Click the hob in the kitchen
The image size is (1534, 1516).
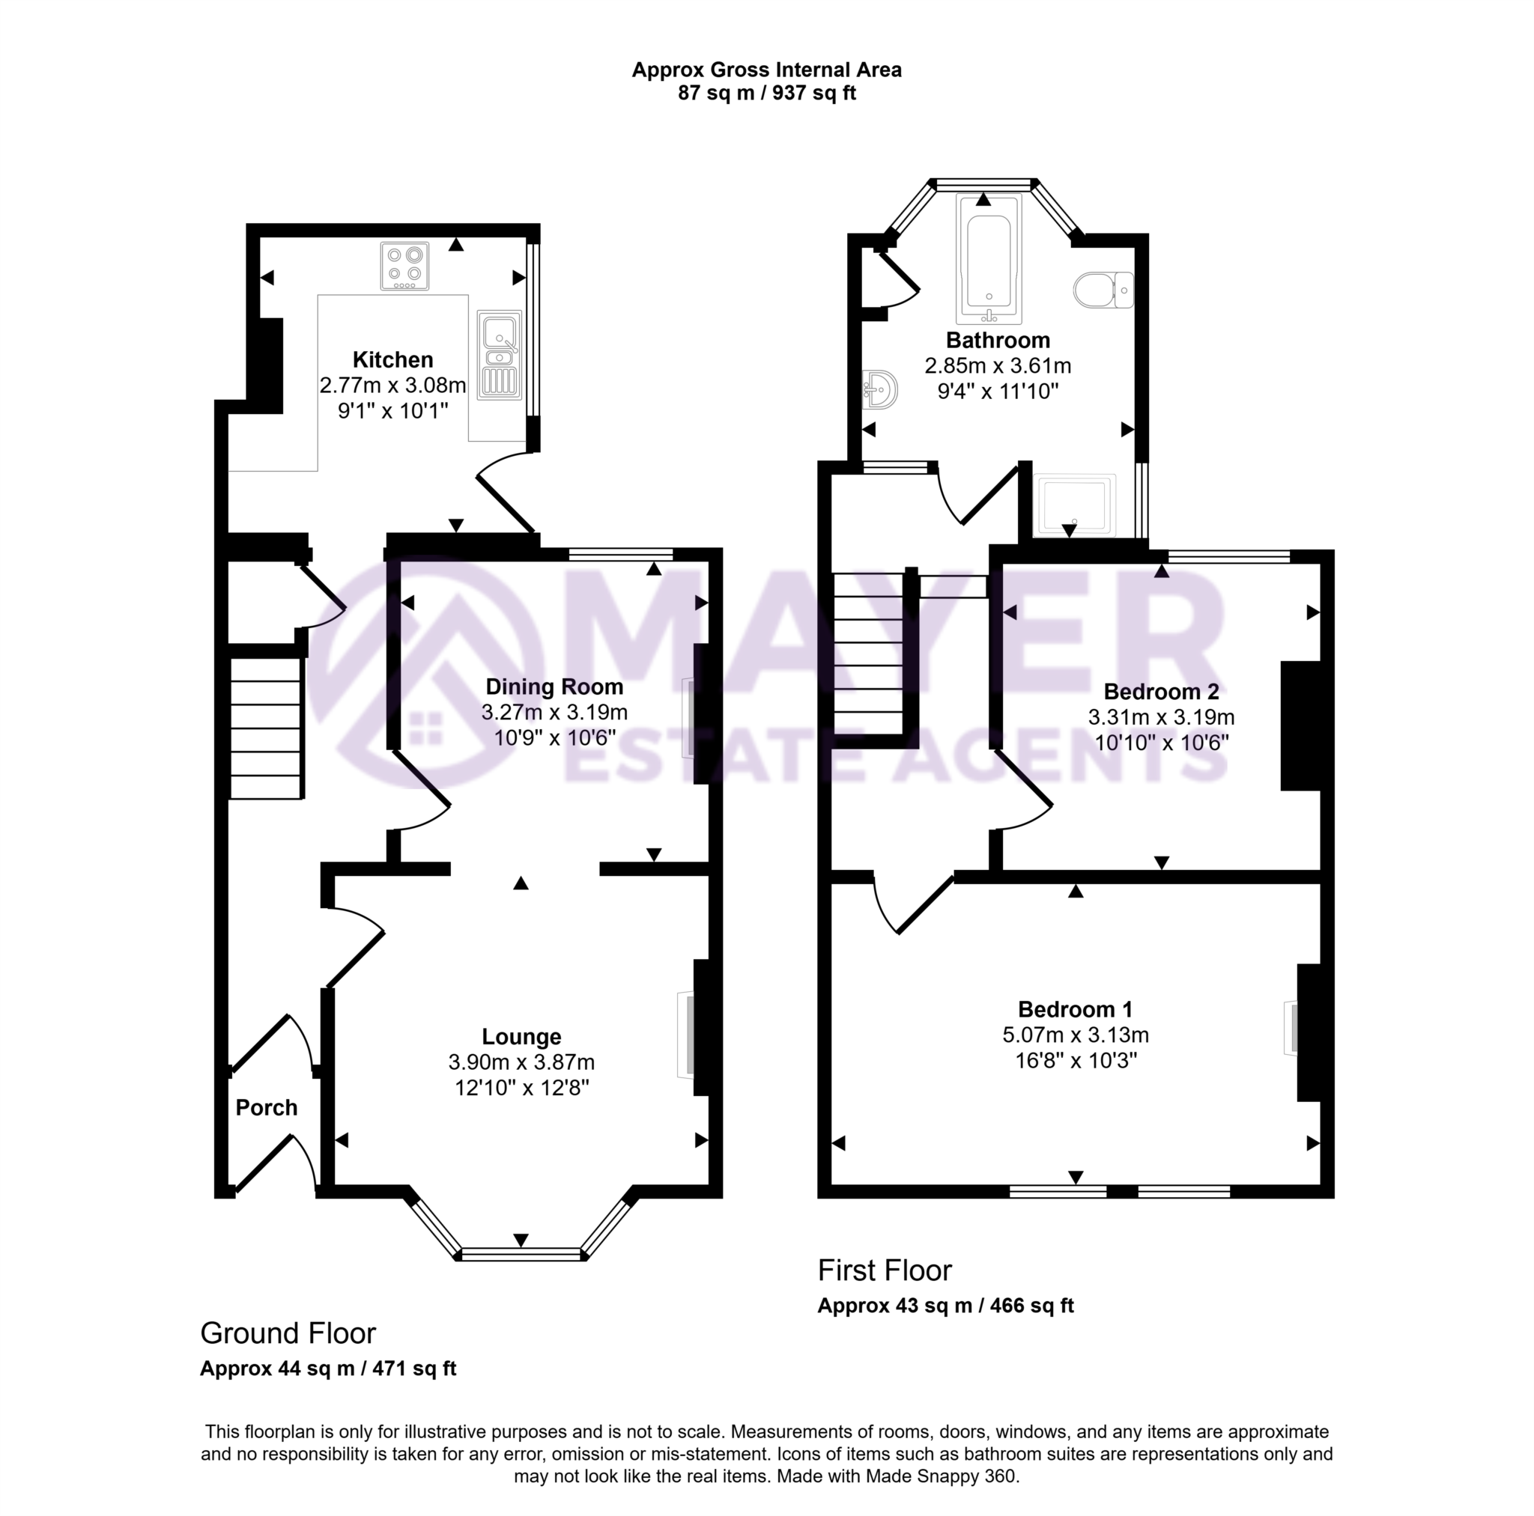[405, 266]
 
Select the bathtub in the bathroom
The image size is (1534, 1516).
[989, 261]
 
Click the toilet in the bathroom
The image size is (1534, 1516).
[1103, 290]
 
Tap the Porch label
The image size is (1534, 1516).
[267, 1108]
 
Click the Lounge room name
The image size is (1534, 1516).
[521, 1037]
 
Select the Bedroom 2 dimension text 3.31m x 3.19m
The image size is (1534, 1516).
[1161, 717]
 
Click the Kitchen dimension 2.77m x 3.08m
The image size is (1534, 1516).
[393, 386]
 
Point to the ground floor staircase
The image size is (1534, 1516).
[267, 728]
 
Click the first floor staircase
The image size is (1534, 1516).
[869, 654]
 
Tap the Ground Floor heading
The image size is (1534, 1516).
[288, 1333]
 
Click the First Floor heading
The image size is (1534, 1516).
[885, 1270]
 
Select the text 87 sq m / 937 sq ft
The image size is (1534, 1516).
[766, 94]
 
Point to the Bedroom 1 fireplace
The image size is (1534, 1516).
[1294, 1029]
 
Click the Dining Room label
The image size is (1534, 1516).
[554, 687]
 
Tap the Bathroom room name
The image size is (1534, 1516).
[998, 341]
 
